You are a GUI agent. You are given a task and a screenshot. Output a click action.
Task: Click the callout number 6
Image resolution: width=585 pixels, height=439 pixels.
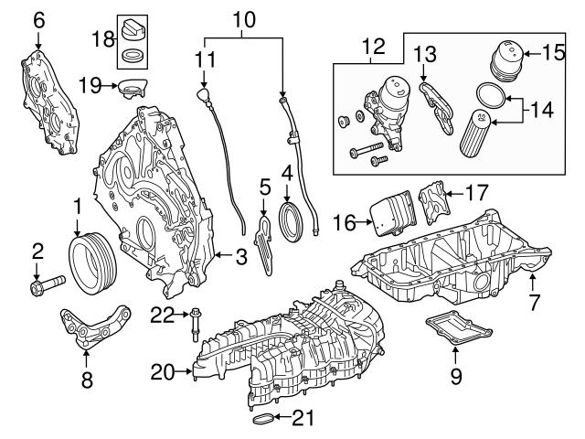point(37,17)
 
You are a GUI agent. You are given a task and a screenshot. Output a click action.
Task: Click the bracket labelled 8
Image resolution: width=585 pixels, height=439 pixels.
point(91,329)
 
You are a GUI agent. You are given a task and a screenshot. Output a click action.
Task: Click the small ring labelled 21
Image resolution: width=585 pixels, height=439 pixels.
point(261,420)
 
